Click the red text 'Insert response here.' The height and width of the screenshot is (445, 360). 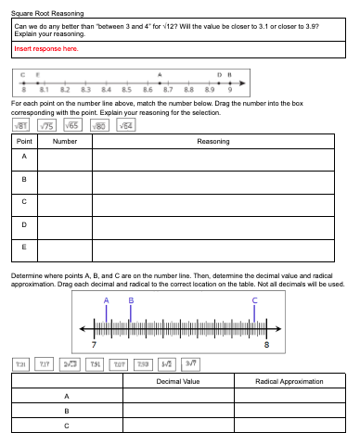[x=45, y=49]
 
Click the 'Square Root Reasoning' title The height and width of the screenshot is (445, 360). [x=47, y=14]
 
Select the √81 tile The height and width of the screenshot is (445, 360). [x=22, y=125]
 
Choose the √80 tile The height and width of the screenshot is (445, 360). [x=99, y=125]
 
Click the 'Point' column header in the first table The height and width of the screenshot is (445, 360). [x=26, y=142]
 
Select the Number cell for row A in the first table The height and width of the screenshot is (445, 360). [x=65, y=159]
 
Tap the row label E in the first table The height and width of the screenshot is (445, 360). [x=26, y=248]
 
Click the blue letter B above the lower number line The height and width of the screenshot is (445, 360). [x=131, y=300]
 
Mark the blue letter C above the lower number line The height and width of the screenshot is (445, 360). [x=254, y=300]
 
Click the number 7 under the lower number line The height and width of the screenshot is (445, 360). [x=94, y=344]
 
